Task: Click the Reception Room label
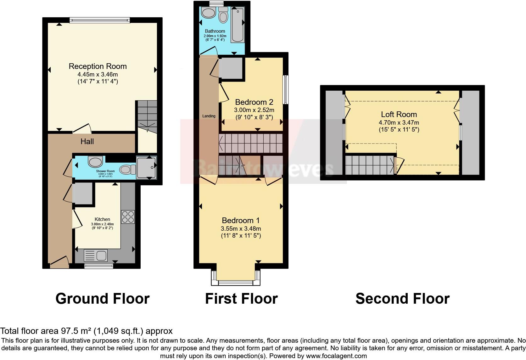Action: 98,66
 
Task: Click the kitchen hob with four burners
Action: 128,217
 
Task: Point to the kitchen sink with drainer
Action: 96,255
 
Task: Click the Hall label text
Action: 87,142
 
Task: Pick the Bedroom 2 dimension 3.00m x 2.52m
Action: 254,110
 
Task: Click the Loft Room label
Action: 399,115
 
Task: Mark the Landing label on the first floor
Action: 209,116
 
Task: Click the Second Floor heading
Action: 402,298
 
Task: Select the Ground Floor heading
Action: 102,298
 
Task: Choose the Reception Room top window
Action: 99,20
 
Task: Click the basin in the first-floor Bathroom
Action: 208,13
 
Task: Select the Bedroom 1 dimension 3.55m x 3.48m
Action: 241,229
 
